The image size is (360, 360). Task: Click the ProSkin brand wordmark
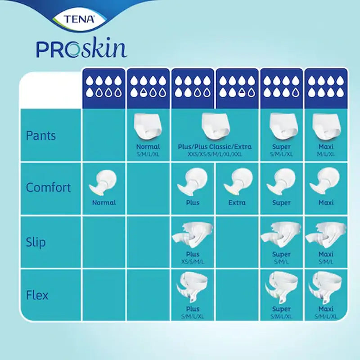coord(81,49)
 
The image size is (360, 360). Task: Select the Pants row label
coord(41,135)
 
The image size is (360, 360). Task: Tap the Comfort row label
coord(48,187)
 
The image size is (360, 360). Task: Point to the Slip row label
coord(36,243)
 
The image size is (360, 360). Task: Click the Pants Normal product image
coord(148,126)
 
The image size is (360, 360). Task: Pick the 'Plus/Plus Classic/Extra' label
coord(215,147)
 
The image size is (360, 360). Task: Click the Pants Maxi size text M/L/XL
coord(326,154)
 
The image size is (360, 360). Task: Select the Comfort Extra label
coord(237,202)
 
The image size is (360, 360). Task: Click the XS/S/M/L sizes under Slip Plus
coord(193,261)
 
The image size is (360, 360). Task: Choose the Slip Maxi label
coord(326,254)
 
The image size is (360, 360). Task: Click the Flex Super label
coord(281,310)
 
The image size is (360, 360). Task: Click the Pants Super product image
coord(281,126)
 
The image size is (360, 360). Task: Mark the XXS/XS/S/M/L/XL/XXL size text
coord(215,154)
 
